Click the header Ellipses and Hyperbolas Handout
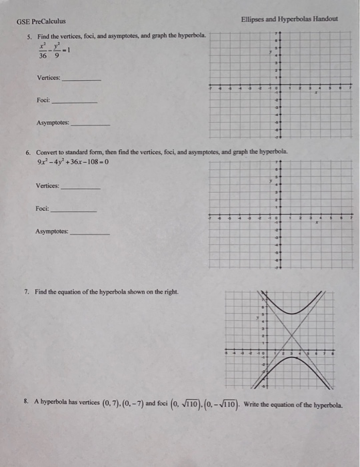[x=289, y=19]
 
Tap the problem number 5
[x=27, y=35]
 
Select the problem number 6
[x=27, y=151]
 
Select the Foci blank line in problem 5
[x=74, y=102]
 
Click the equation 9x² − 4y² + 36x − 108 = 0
[x=73, y=162]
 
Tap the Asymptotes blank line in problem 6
[x=90, y=233]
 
